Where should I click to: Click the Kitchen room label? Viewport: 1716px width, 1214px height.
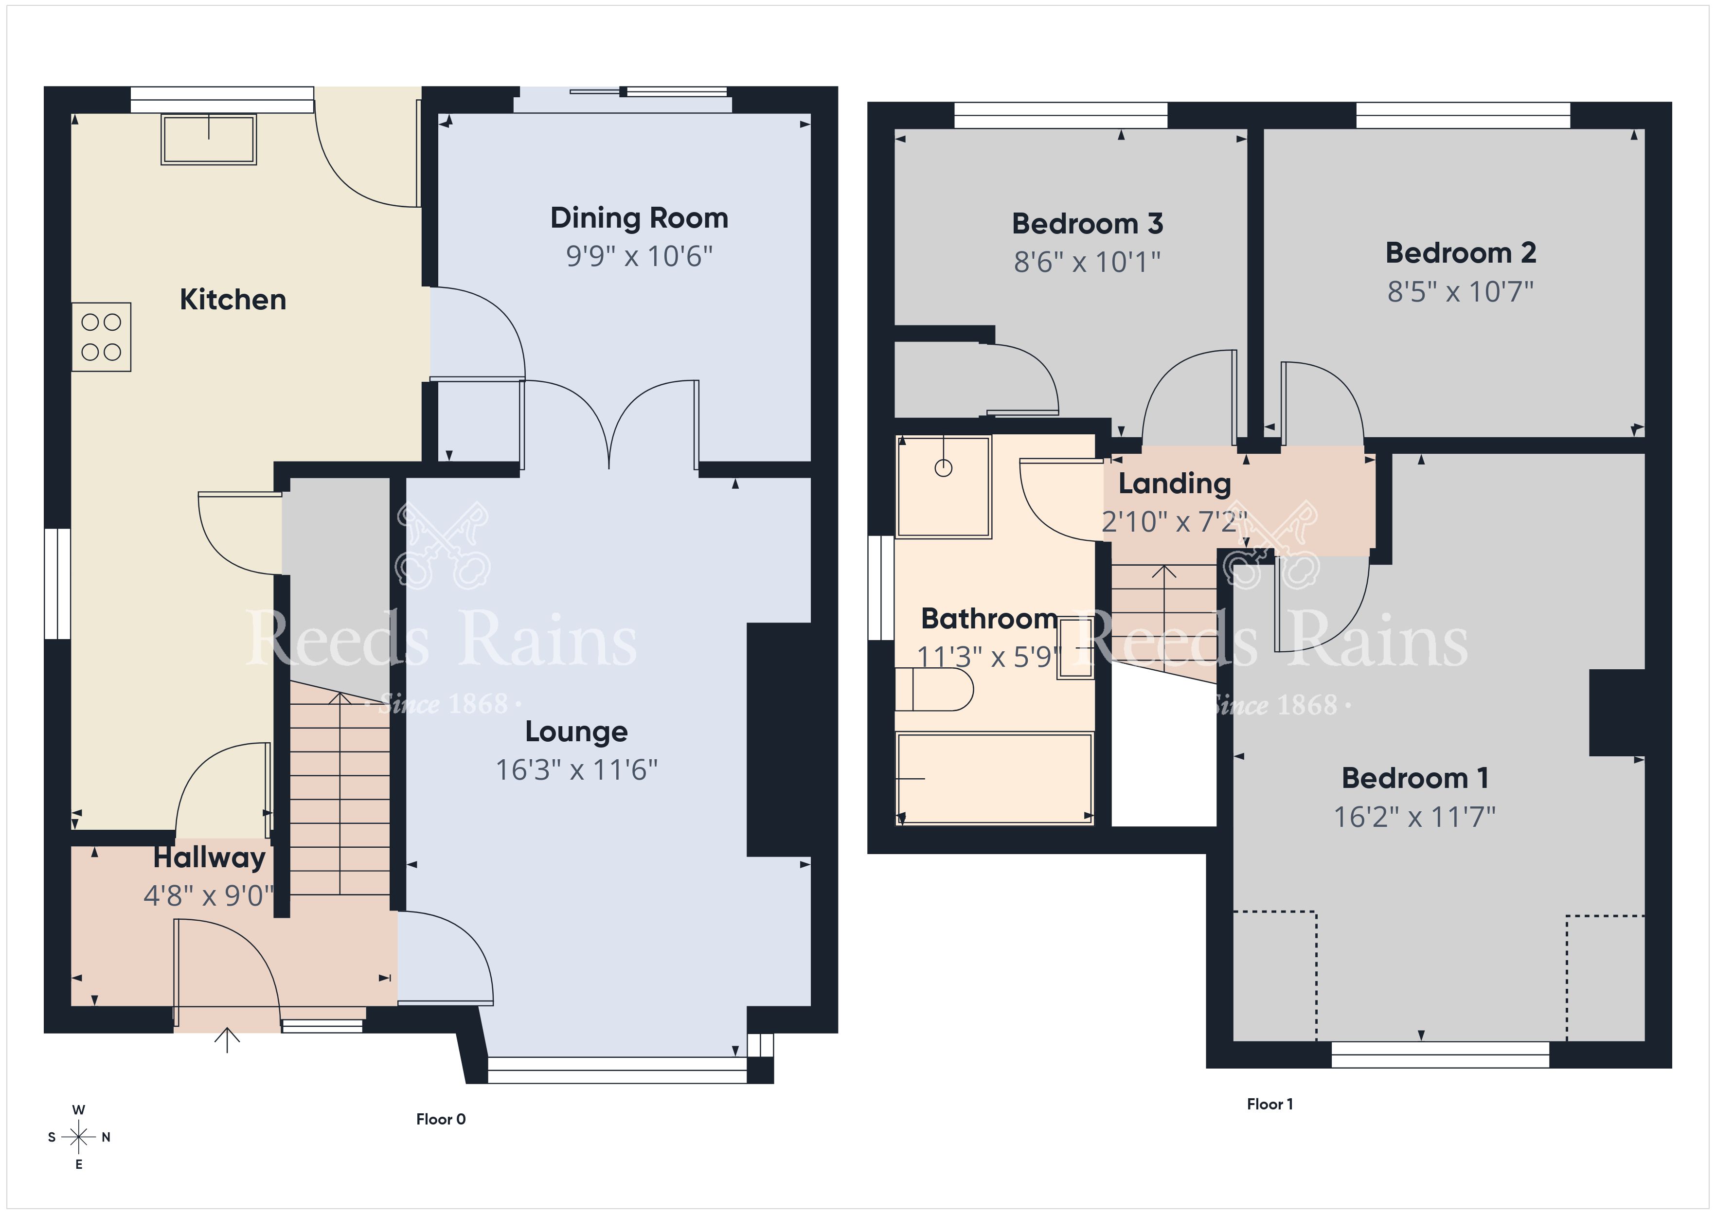pyautogui.click(x=232, y=300)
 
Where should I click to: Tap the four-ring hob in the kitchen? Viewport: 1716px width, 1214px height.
pyautogui.click(x=102, y=337)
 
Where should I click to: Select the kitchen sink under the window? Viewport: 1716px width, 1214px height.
pyautogui.click(x=209, y=139)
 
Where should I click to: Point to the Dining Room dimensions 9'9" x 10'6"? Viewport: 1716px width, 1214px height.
pyautogui.click(x=639, y=256)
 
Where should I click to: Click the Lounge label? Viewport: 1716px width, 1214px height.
pyautogui.click(x=576, y=732)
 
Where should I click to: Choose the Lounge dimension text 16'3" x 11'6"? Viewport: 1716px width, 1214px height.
pyautogui.click(x=576, y=770)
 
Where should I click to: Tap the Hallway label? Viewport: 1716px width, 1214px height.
pyautogui.click(x=209, y=858)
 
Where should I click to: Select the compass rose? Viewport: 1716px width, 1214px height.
pyautogui.click(x=78, y=1137)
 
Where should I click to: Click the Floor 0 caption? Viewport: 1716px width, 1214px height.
pyautogui.click(x=441, y=1119)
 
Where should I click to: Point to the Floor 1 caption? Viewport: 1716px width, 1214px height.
pyautogui.click(x=1270, y=1104)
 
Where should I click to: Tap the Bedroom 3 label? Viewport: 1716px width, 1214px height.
pyautogui.click(x=1088, y=224)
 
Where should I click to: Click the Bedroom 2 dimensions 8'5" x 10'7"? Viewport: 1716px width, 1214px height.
pyautogui.click(x=1460, y=291)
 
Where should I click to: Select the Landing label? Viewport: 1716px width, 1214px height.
pyautogui.click(x=1174, y=483)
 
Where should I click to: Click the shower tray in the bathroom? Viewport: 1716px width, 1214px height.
pyautogui.click(x=944, y=487)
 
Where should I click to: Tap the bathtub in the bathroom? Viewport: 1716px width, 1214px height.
pyautogui.click(x=995, y=778)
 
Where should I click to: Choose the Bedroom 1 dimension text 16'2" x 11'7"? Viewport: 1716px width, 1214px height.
pyautogui.click(x=1415, y=817)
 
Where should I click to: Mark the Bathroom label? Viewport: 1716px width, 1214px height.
pyautogui.click(x=989, y=619)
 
